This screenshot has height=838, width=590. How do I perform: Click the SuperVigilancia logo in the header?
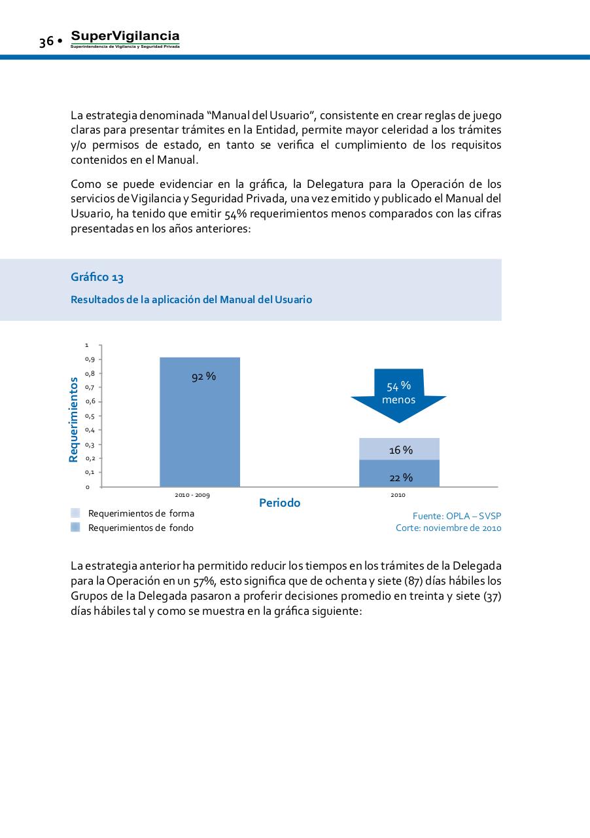[x=125, y=39]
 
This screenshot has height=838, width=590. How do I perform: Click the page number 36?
[x=46, y=42]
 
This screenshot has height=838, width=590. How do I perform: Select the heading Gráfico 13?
[x=97, y=278]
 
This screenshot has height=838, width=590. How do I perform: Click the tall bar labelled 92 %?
[x=200, y=426]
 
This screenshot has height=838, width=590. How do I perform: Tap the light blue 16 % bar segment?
[x=399, y=449]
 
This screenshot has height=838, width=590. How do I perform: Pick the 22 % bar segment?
[x=399, y=473]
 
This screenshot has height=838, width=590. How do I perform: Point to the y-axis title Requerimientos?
[x=74, y=419]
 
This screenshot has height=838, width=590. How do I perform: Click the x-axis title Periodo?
[x=280, y=503]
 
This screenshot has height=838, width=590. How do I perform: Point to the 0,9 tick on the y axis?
[x=89, y=359]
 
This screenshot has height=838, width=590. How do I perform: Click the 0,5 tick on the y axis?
[x=89, y=416]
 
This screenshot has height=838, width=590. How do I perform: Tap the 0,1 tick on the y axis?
[x=89, y=472]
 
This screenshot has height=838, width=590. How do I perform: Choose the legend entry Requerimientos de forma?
[x=141, y=513]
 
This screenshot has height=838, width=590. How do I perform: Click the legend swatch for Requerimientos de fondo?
[x=75, y=528]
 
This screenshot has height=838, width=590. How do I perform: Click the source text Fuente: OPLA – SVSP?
[x=457, y=516]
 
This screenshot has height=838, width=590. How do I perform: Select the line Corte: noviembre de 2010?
[x=448, y=528]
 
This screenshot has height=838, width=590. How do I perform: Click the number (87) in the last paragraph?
[x=407, y=581]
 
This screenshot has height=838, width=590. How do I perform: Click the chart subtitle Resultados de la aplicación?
[x=191, y=300]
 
